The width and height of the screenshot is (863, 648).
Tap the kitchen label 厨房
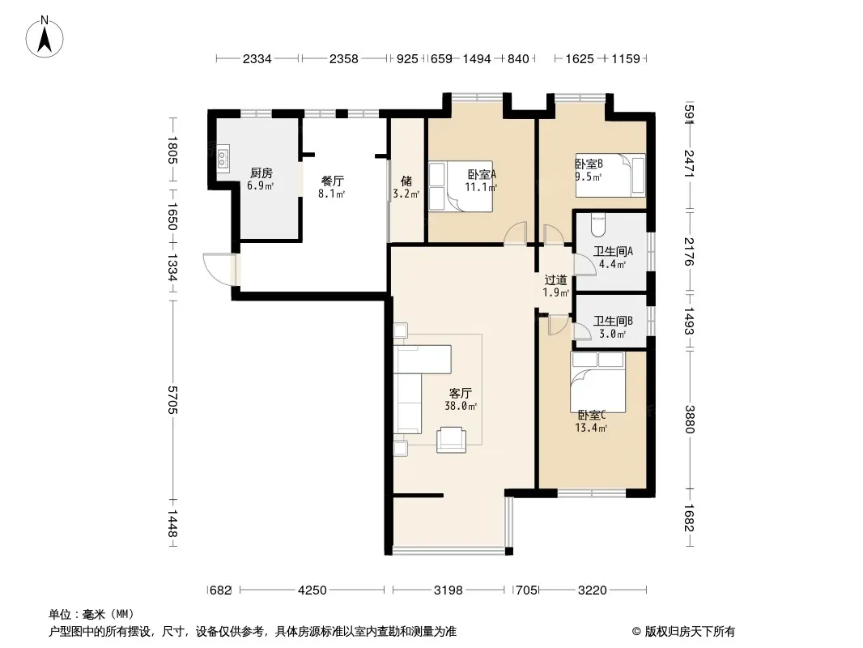261,173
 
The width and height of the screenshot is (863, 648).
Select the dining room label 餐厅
333,181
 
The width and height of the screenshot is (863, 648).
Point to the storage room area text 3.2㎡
406,194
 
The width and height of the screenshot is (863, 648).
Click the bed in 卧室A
460,186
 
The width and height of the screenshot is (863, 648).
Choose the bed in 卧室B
610,174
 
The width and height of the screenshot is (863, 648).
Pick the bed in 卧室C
597,382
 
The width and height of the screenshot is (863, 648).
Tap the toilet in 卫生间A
598,224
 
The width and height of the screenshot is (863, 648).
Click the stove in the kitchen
223,159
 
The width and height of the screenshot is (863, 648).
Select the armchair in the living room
451,440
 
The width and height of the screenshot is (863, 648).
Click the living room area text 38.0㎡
461,407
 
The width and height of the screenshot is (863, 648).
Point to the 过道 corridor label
555,279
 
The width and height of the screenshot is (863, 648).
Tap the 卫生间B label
613,321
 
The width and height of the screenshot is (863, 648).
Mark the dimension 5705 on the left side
172,399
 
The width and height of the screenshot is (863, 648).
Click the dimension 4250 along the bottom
312,590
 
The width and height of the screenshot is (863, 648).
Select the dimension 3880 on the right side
690,419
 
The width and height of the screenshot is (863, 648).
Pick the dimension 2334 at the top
257,58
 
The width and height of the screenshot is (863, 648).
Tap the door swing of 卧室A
515,232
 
